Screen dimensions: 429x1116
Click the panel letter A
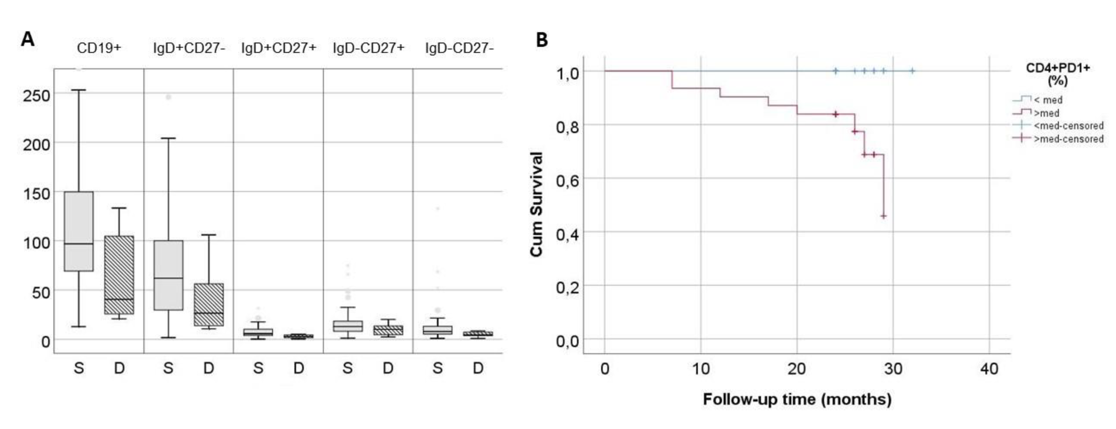[x=27, y=40]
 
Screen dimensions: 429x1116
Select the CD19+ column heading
[x=99, y=48]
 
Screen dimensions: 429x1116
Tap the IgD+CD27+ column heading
[x=279, y=48]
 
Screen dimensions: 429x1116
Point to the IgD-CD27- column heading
[x=459, y=48]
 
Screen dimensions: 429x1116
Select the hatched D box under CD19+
[x=119, y=275]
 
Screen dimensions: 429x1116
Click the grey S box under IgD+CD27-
[x=168, y=275]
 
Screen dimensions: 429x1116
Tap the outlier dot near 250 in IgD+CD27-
[x=168, y=97]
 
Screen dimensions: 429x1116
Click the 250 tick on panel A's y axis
[x=36, y=95]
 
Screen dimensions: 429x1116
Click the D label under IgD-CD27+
[x=388, y=368]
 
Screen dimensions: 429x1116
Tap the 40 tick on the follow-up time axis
[x=989, y=369]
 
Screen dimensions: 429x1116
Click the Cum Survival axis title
[x=536, y=204]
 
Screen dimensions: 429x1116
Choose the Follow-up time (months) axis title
[x=797, y=399]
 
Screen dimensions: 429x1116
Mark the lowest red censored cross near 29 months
[x=883, y=216]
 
